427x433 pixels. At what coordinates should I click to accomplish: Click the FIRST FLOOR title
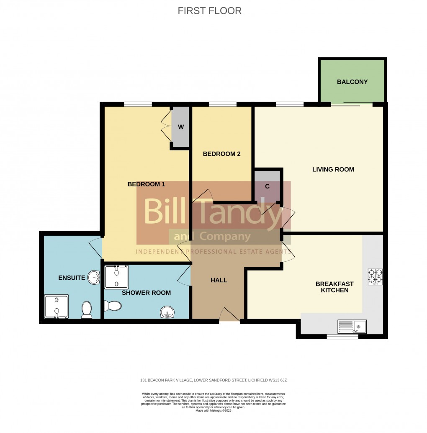pos(209,11)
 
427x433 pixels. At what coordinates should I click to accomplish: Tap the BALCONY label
pos(352,82)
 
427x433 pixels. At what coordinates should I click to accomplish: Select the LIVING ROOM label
pos(333,170)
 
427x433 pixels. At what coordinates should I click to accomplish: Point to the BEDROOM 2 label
pos(221,154)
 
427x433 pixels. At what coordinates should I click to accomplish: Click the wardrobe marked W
pos(180,127)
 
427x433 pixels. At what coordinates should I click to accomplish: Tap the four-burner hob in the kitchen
pos(375,276)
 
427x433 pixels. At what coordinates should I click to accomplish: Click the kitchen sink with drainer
pos(352,326)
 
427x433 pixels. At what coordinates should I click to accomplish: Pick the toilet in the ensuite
pos(87,310)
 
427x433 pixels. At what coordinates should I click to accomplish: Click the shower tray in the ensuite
pos(56,307)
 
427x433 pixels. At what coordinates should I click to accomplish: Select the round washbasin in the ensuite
pos(94,277)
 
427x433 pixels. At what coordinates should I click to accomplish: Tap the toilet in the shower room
pos(112,306)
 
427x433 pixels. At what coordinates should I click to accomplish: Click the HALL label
pos(219,280)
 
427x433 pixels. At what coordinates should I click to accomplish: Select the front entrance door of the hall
pos(229,315)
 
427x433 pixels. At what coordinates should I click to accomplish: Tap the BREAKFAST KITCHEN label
pos(334,287)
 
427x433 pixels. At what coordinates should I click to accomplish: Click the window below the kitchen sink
pos(342,336)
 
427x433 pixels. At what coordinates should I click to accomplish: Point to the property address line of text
pos(213,380)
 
